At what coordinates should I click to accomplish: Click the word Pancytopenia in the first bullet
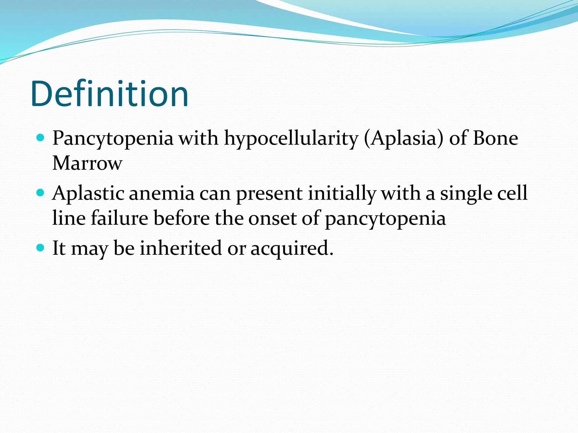point(113,139)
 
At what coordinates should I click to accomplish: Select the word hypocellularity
point(291,139)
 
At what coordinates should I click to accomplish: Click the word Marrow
point(87,163)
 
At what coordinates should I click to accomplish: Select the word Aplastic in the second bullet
point(88,194)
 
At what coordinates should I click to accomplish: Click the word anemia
point(162,194)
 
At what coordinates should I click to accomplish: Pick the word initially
point(342,194)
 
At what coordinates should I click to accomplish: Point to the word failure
point(119,218)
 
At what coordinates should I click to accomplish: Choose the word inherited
point(181,248)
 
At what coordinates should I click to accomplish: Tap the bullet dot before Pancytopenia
point(41,138)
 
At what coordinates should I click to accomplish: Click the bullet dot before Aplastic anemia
point(41,193)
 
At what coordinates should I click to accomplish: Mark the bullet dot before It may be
point(41,248)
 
